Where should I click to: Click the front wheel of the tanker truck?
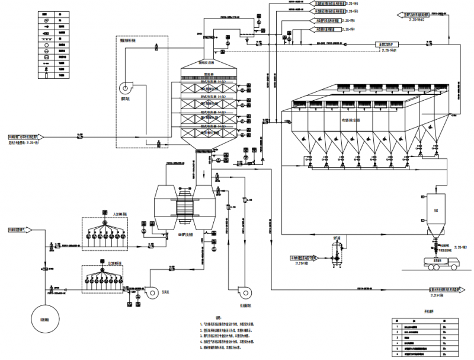[x=453, y=268]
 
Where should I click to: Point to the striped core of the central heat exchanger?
[x=185, y=206]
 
